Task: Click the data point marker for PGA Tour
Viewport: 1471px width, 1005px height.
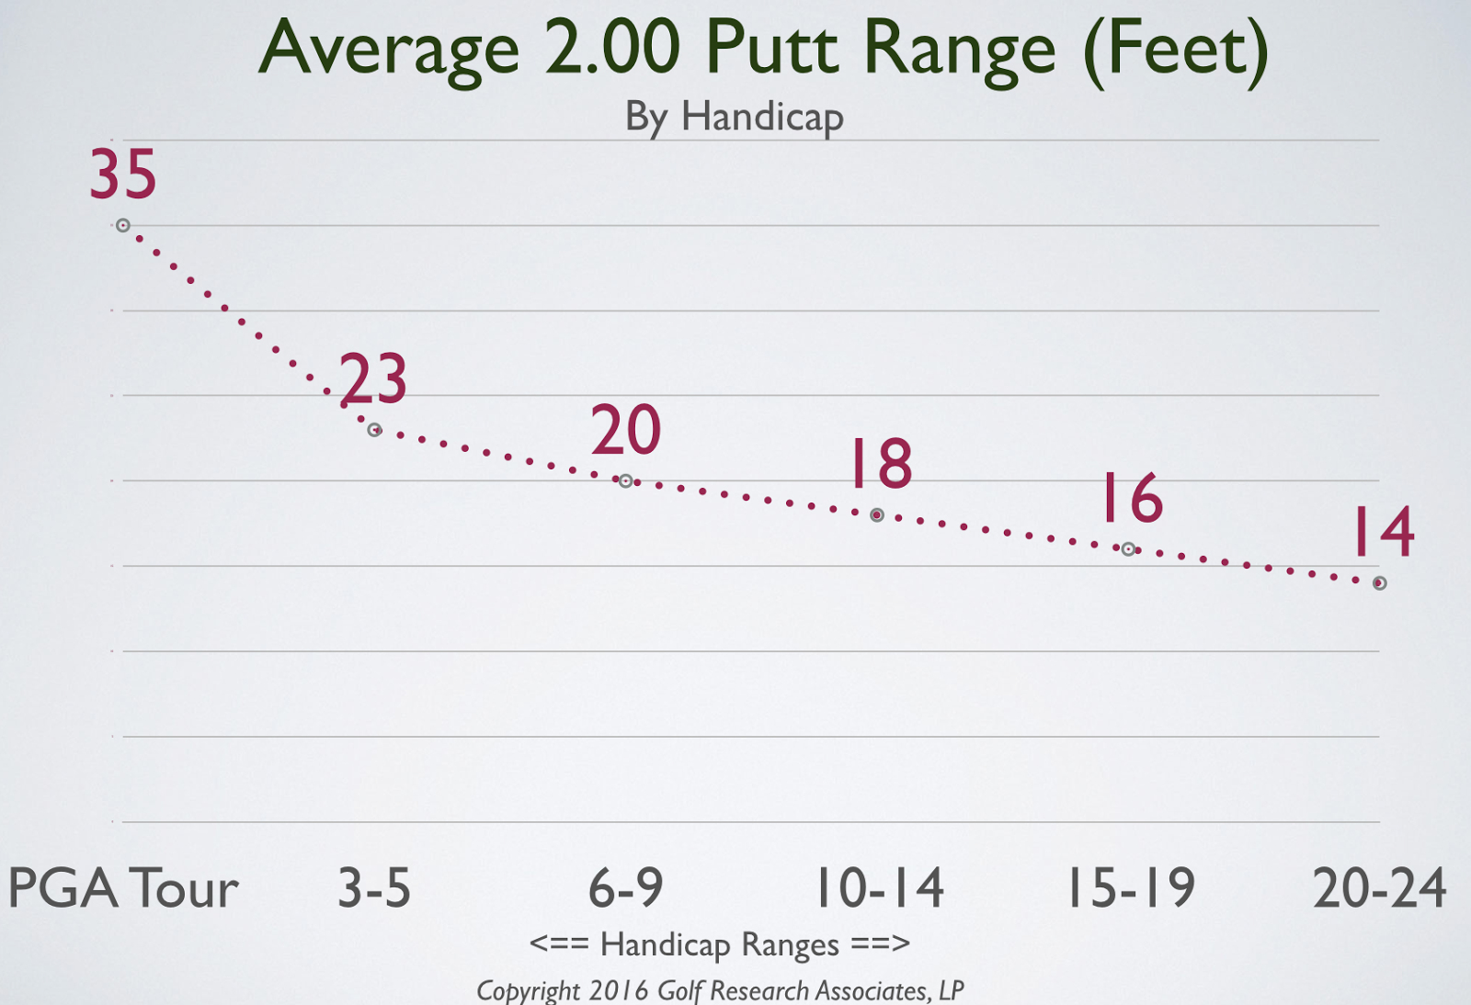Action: click(x=122, y=225)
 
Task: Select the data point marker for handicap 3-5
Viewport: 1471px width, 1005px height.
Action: click(x=374, y=430)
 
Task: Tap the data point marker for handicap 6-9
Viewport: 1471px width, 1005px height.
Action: click(x=625, y=480)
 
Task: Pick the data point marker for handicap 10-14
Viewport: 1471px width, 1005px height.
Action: click(x=877, y=515)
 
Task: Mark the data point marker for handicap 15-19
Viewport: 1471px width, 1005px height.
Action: click(x=1128, y=549)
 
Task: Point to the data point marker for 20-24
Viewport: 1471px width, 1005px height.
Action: click(x=1379, y=583)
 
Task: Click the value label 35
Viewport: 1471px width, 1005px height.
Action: click(x=123, y=175)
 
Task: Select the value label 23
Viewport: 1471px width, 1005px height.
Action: click(x=373, y=378)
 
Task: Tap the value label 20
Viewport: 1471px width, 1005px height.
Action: click(x=625, y=430)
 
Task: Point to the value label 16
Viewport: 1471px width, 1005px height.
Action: click(x=1132, y=498)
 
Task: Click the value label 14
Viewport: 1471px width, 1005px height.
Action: click(x=1383, y=532)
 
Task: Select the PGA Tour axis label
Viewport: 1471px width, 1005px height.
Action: click(x=123, y=888)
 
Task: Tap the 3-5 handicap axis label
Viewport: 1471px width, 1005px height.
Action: click(x=374, y=888)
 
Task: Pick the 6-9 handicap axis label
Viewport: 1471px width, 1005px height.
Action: click(x=625, y=888)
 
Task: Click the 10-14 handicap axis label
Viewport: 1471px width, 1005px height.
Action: click(x=880, y=888)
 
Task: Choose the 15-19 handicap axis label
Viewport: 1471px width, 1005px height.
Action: click(x=1130, y=888)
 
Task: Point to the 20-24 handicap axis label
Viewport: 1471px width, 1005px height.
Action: click(x=1380, y=888)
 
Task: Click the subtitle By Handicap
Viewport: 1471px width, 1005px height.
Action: click(x=734, y=118)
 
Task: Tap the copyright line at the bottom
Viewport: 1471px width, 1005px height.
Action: click(x=720, y=990)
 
